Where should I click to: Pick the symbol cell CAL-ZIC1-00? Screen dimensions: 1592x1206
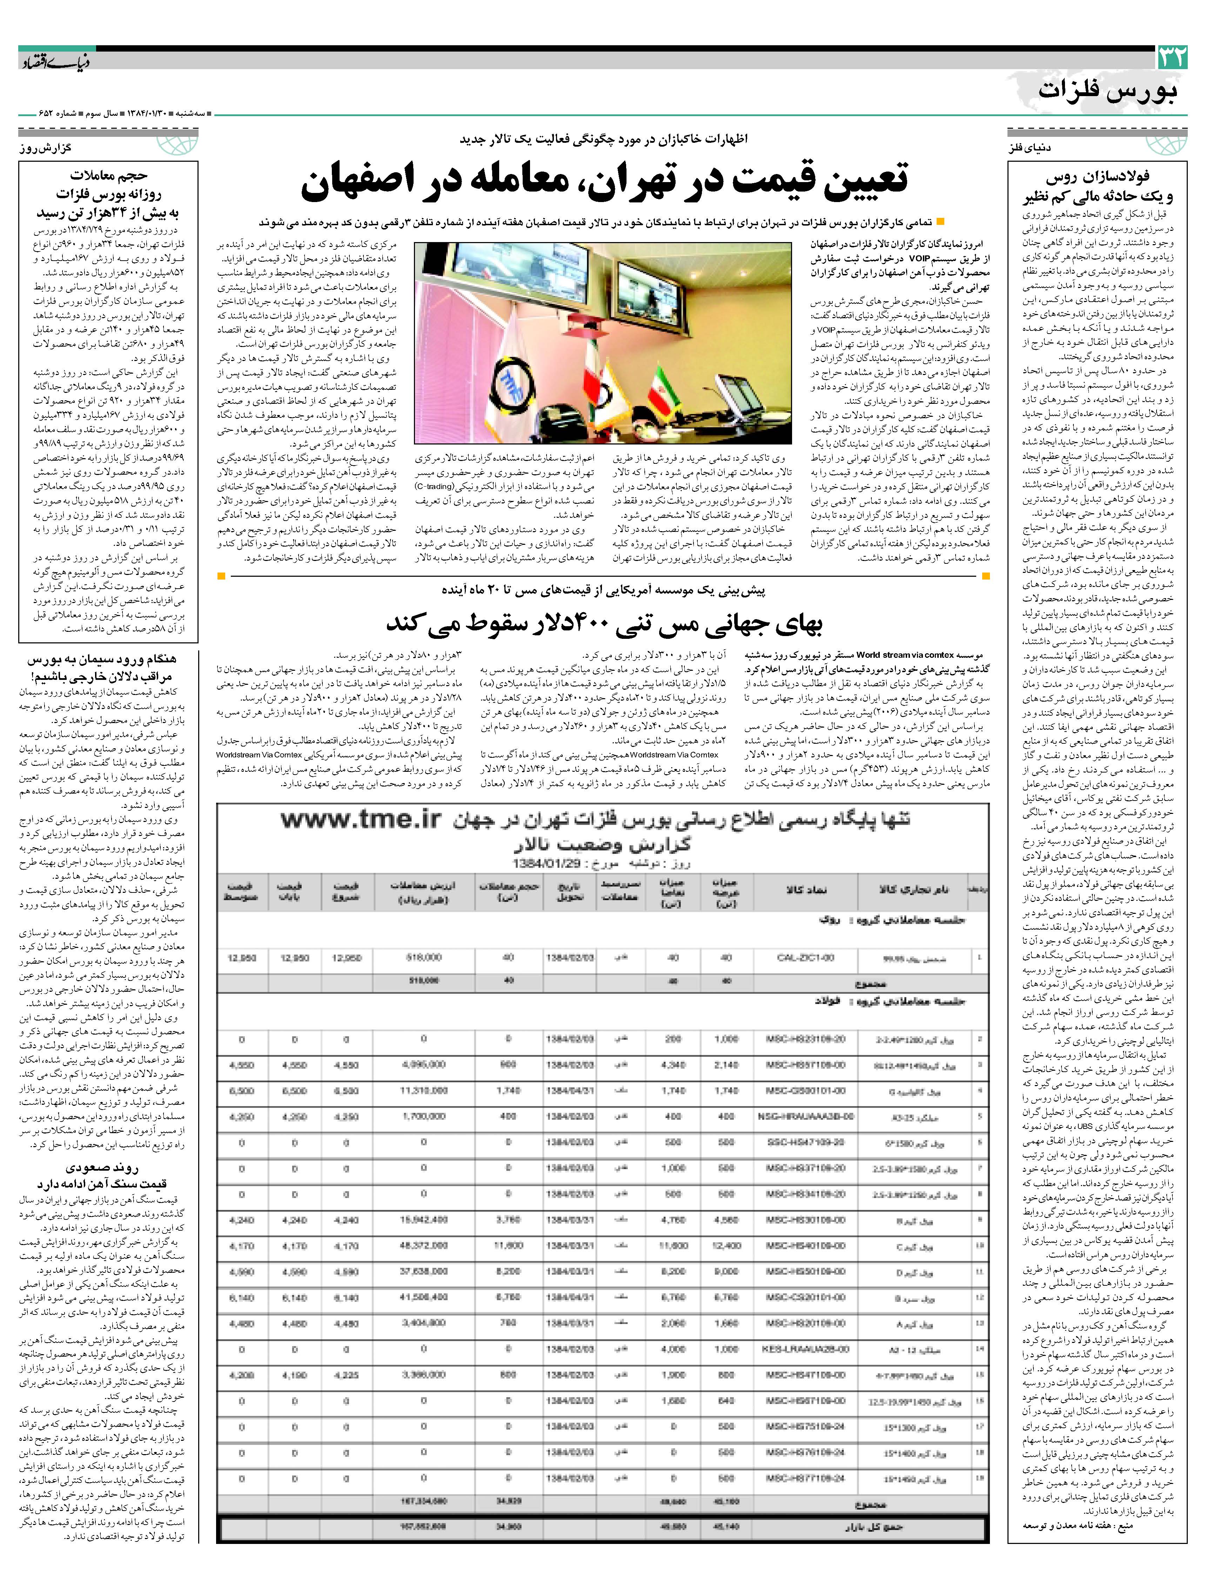point(806,958)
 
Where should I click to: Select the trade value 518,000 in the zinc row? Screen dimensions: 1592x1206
point(423,958)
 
